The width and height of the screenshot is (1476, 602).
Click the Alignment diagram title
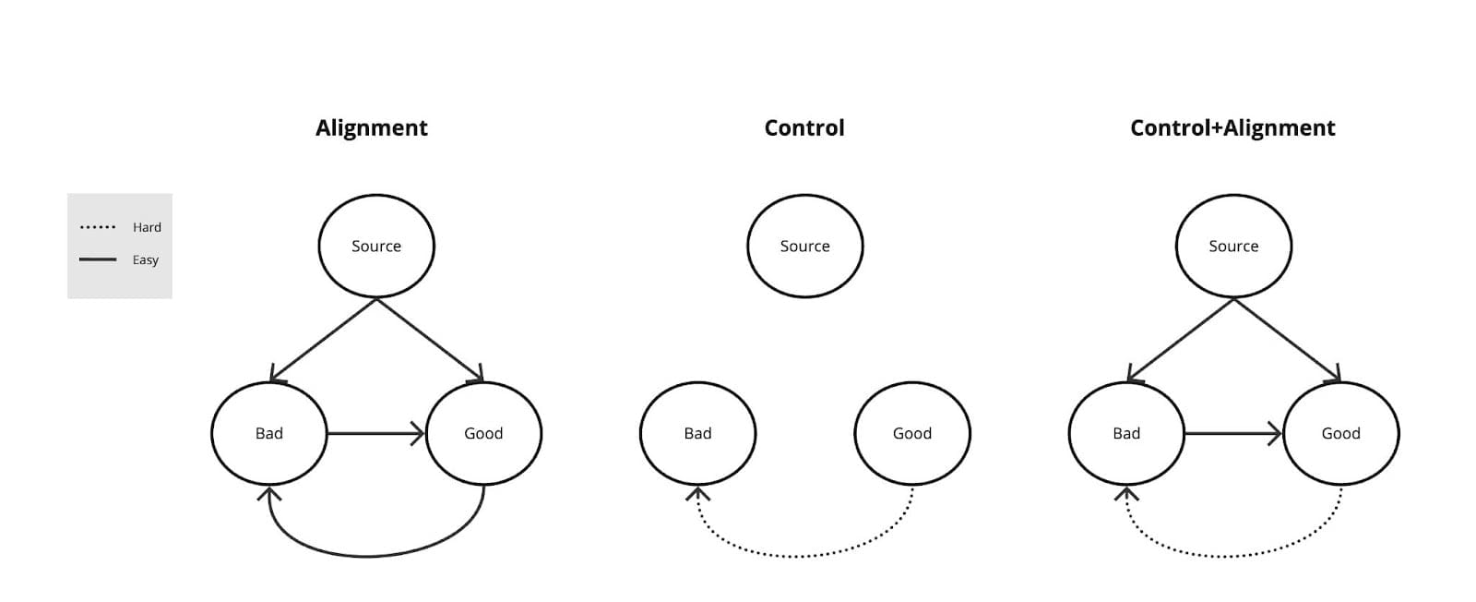[371, 127]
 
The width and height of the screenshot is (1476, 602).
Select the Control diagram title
[803, 127]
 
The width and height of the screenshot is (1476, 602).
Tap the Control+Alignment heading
[1232, 127]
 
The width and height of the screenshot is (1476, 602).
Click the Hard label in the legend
[147, 227]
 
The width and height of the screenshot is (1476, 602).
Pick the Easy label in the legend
[145, 259]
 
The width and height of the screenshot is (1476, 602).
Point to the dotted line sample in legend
[98, 227]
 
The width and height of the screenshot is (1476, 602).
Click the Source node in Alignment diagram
[375, 246]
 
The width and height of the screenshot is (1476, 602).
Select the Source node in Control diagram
[804, 246]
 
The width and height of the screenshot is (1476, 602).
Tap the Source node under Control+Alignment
[1232, 246]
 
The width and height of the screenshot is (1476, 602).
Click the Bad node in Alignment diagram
[268, 433]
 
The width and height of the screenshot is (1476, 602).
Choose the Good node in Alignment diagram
[482, 433]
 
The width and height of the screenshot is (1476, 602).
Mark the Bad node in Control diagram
[697, 433]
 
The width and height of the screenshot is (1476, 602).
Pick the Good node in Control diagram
[911, 433]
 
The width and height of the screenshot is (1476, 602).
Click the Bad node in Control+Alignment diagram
[1125, 433]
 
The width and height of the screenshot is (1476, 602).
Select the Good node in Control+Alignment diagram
[1340, 433]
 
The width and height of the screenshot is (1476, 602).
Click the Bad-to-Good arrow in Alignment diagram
[374, 433]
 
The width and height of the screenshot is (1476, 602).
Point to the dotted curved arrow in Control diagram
[803, 556]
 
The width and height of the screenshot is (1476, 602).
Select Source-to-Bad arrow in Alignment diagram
[323, 340]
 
